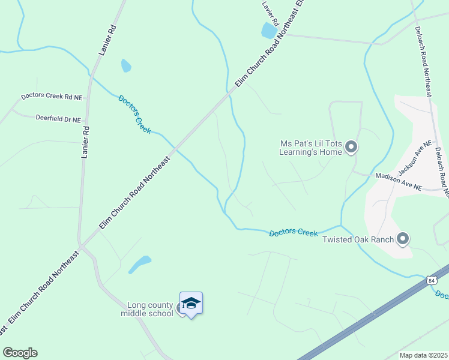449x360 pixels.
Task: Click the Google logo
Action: pyautogui.click(x=20, y=353)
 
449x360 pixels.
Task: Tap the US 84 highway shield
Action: pyautogui.click(x=431, y=280)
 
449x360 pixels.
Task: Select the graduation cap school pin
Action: pyautogui.click(x=191, y=304)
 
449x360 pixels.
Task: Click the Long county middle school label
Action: pyautogui.click(x=147, y=309)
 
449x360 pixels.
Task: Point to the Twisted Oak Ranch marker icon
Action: pyautogui.click(x=403, y=239)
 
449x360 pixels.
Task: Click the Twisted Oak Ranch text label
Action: pyautogui.click(x=358, y=240)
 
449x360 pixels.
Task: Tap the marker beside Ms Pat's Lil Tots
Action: pyautogui.click(x=352, y=147)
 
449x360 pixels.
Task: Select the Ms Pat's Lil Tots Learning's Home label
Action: pyautogui.click(x=310, y=148)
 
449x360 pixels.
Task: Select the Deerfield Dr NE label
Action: pyautogui.click(x=58, y=119)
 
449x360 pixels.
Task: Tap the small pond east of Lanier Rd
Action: pyautogui.click(x=125, y=65)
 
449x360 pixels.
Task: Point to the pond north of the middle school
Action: pyautogui.click(x=140, y=264)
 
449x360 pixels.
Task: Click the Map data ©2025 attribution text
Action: pyautogui.click(x=423, y=355)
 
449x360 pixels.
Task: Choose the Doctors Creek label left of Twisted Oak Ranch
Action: pyautogui.click(x=293, y=232)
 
